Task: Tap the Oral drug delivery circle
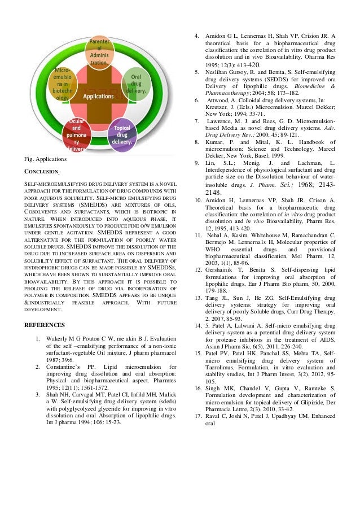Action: coord(136,84)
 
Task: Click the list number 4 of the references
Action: coord(195,37)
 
